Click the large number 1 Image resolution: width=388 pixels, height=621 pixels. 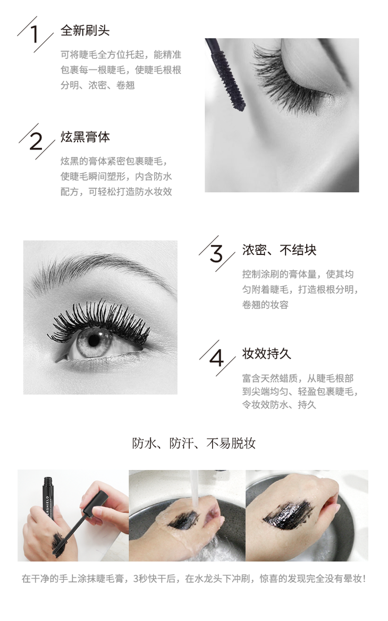click(35, 34)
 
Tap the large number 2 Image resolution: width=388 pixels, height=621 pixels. click(36, 141)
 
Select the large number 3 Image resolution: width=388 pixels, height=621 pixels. click(216, 253)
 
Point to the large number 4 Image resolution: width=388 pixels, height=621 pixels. click(216, 359)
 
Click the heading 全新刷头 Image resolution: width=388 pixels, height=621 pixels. click(85, 30)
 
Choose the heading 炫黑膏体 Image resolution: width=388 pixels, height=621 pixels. click(85, 137)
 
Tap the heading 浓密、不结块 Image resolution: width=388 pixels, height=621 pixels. click(280, 250)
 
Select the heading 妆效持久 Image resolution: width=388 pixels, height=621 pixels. click(267, 354)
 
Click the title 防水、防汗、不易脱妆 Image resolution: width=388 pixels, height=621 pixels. click(194, 443)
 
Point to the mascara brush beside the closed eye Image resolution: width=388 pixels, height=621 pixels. click(226, 73)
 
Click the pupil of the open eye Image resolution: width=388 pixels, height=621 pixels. click(94, 339)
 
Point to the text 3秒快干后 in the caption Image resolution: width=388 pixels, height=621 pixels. click(155, 579)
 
